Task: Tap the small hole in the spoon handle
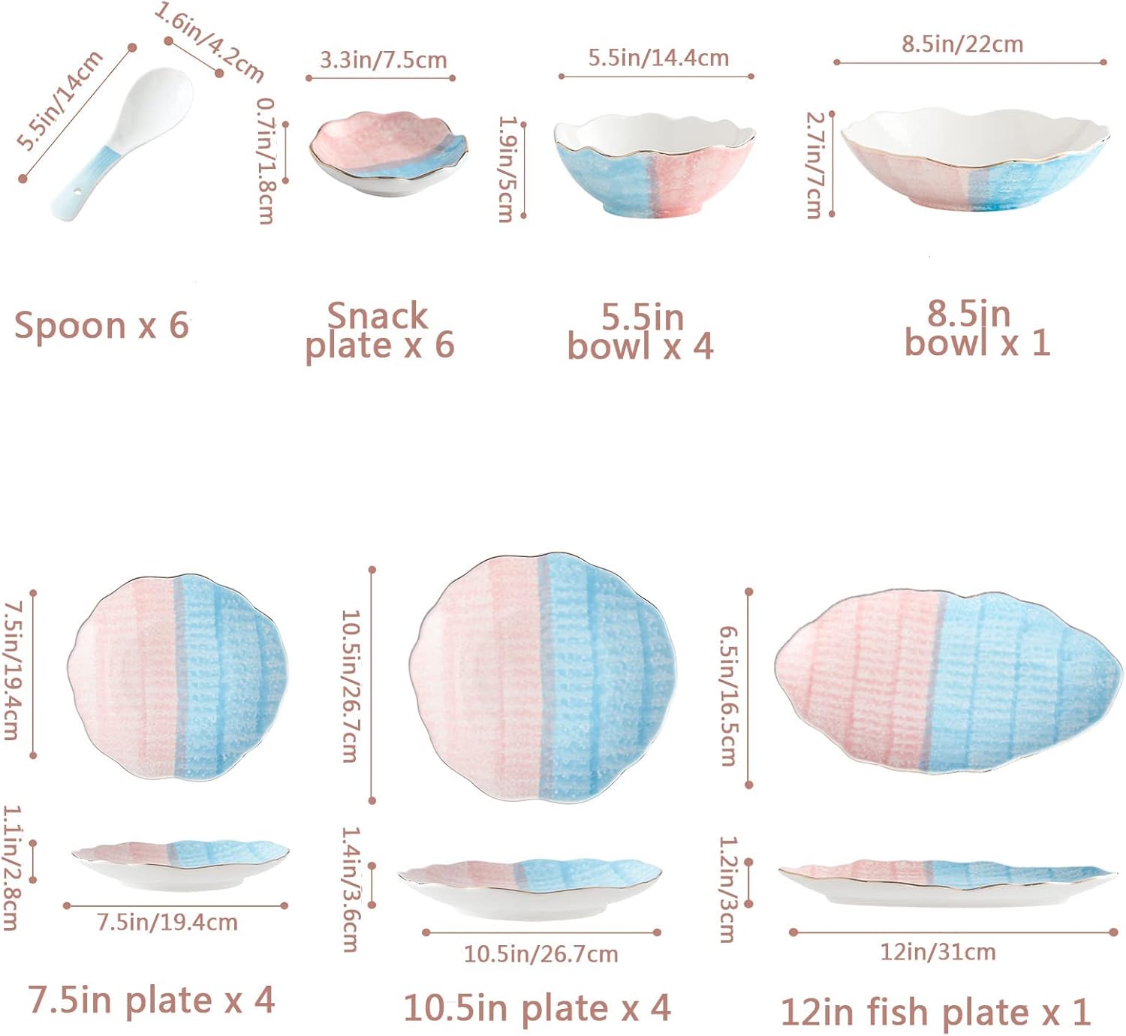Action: [x=77, y=197]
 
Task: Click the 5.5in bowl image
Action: [x=654, y=165]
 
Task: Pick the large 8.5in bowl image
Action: [x=974, y=161]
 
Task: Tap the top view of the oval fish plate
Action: [x=947, y=682]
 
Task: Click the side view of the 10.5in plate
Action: [x=530, y=886]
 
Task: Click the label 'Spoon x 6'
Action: [x=101, y=326]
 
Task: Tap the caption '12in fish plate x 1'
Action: [x=935, y=1012]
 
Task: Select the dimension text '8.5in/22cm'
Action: [x=962, y=44]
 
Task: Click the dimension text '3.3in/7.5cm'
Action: [x=383, y=60]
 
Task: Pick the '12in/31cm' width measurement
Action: [x=938, y=952]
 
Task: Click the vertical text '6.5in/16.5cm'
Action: [x=728, y=696]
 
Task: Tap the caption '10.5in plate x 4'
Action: [x=537, y=1007]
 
